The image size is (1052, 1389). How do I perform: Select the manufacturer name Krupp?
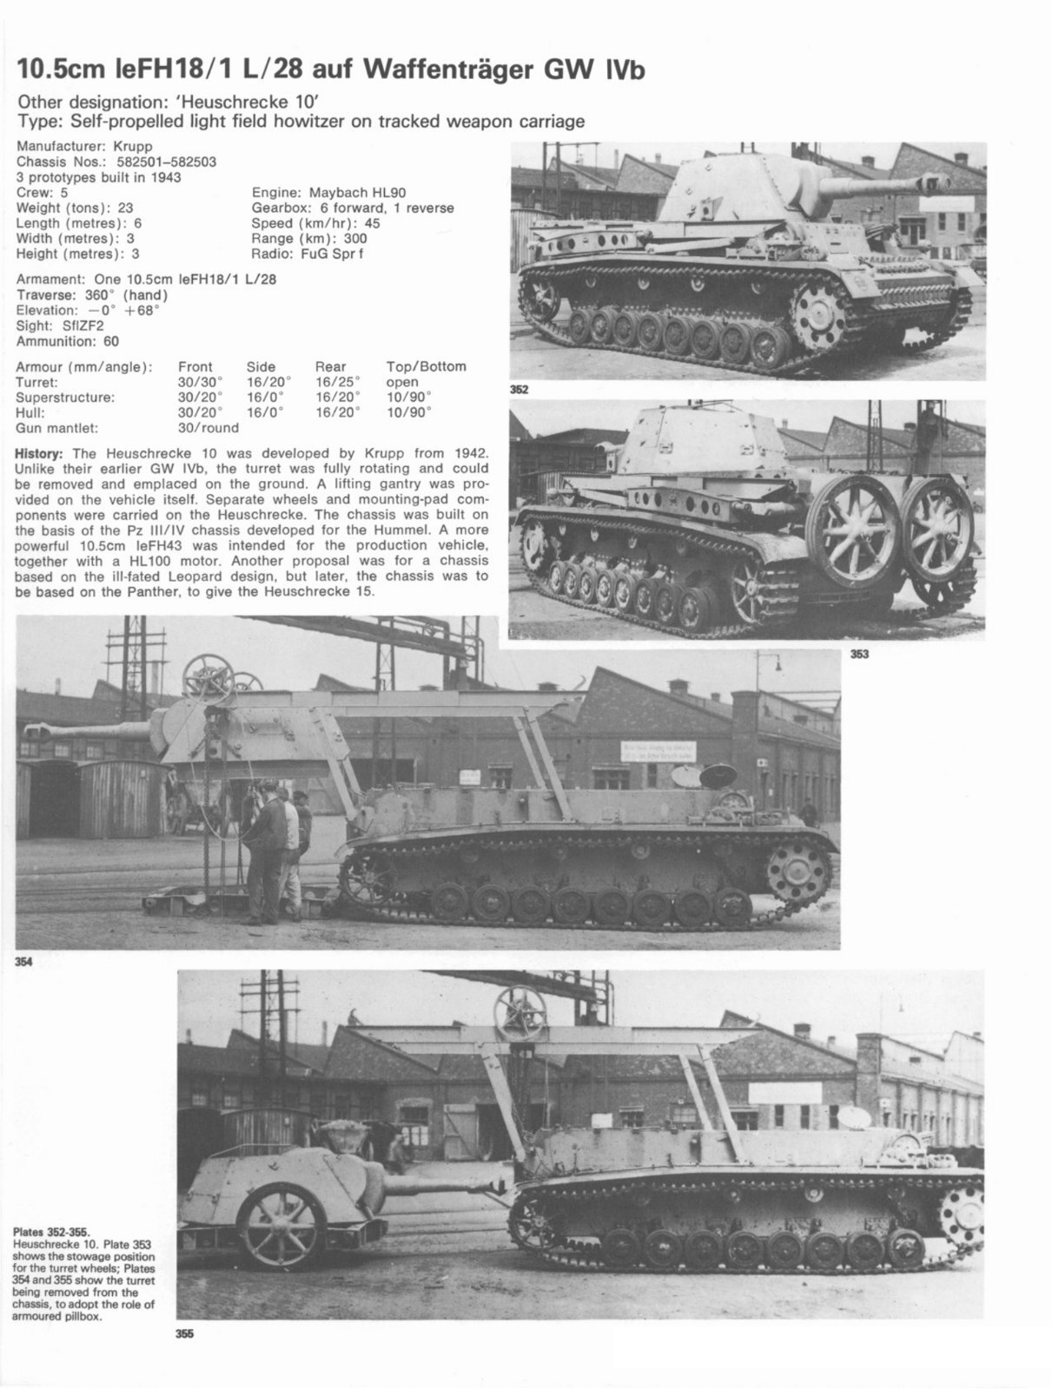pos(132,147)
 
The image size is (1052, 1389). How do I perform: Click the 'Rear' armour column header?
pos(330,366)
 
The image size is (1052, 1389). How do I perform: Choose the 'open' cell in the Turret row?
pos(402,382)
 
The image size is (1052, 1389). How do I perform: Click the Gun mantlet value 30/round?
pos(208,428)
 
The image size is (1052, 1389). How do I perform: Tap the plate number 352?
pos(519,390)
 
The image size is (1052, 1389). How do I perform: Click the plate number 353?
pos(859,655)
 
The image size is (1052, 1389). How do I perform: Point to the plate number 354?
pos(24,961)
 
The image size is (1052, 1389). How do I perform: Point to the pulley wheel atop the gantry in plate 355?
pos(519,1013)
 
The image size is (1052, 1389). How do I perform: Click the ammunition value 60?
pos(111,341)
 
